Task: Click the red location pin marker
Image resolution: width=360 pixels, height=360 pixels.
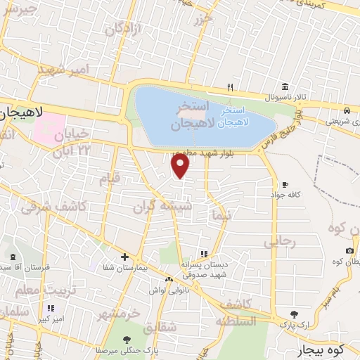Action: click(181, 166)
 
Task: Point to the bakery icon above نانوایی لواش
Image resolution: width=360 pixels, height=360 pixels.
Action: click(169, 278)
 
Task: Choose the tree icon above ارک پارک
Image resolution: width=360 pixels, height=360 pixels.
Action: click(294, 314)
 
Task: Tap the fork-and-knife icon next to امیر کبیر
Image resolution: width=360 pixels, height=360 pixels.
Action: click(50, 308)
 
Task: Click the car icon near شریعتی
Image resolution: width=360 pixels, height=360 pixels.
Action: click(347, 110)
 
